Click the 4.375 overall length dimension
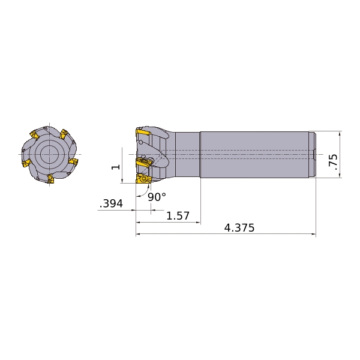pyautogui.click(x=239, y=228)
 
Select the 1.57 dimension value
pyautogui.click(x=178, y=216)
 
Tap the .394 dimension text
pyautogui.click(x=112, y=203)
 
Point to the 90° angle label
pyautogui.click(x=157, y=197)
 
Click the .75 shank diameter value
pyautogui.click(x=334, y=162)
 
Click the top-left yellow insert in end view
pyautogui.click(x=34, y=134)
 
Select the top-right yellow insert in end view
pyautogui.click(x=64, y=134)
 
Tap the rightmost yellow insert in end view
pyautogui.click(x=74, y=162)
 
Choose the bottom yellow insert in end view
pyautogui.click(x=50, y=179)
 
